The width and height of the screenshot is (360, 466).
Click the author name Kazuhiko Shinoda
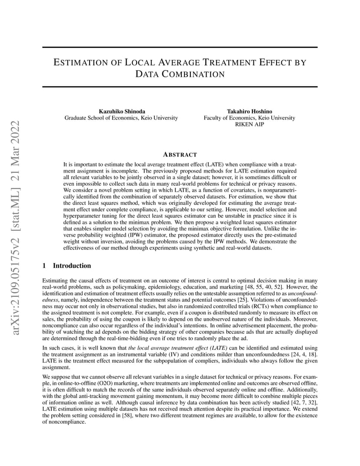pos(121,111)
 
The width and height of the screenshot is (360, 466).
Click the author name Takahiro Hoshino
pos(249,111)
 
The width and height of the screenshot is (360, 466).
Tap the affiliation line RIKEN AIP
pos(249,124)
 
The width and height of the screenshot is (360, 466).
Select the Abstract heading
pos(180,155)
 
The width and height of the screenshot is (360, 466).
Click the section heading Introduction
pos(72,266)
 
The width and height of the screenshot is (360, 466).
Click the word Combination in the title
pos(180,74)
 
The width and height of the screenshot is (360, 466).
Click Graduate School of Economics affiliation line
pos(121,118)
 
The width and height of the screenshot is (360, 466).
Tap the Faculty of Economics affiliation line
pos(249,118)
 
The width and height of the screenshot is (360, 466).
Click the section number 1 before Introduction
pos(44,266)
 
